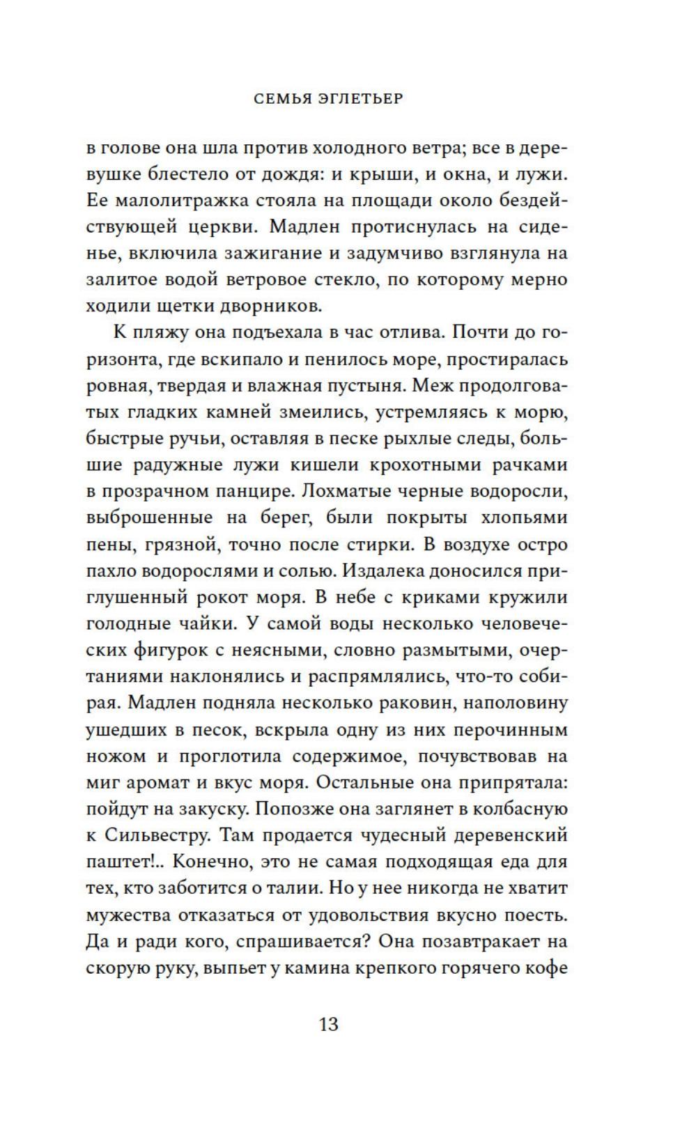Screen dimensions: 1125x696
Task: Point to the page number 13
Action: [x=328, y=1025]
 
